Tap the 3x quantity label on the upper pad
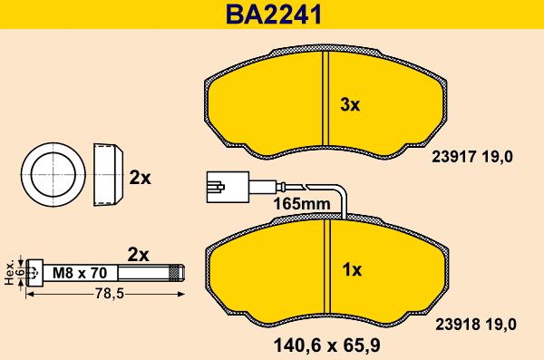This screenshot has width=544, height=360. pyautogui.click(x=350, y=104)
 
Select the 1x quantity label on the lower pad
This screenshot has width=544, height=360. pyautogui.click(x=352, y=269)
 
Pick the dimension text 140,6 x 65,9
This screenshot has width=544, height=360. pyautogui.click(x=325, y=345)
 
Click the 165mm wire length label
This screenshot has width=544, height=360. pyautogui.click(x=302, y=205)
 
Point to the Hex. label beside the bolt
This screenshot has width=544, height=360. pyautogui.click(x=9, y=270)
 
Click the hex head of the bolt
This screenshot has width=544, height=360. pyautogui.click(x=34, y=270)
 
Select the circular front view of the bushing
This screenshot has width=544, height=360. pyautogui.click(x=53, y=171)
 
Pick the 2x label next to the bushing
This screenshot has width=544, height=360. pyautogui.click(x=139, y=178)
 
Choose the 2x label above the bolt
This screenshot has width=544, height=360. pyautogui.click(x=138, y=254)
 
